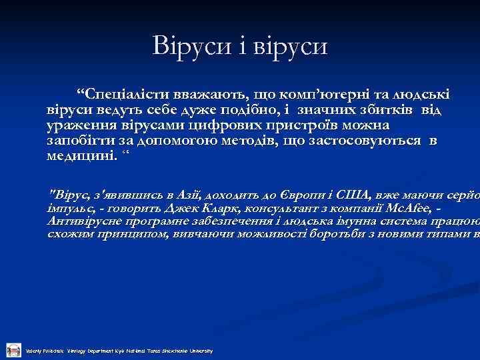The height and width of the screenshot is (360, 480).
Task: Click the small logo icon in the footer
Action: (13, 349)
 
